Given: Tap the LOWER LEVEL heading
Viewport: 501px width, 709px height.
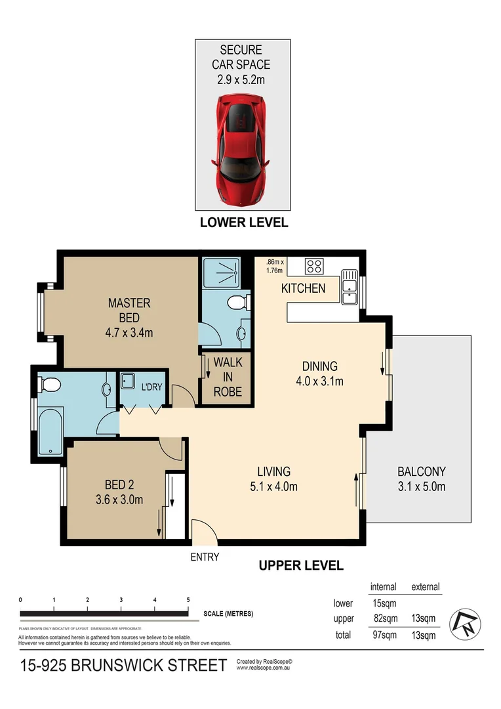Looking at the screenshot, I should pos(244,223).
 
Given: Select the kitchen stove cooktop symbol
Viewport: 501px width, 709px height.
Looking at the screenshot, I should pos(314,267).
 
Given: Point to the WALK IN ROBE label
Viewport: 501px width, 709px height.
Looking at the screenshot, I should pos(228,377).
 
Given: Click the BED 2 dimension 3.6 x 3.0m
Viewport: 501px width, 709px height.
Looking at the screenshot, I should pos(119,500).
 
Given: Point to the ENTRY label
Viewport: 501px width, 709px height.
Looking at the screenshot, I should pos(205,557).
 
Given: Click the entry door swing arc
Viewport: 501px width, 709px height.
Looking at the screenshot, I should pos(201,530).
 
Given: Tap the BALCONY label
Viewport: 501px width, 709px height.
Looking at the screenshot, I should pos(422,471).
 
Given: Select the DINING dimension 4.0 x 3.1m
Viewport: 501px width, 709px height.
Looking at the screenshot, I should pos(319,381).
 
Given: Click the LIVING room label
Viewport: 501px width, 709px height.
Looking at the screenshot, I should pos(273,471).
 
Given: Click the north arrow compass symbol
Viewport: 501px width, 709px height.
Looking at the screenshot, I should pos(466,623).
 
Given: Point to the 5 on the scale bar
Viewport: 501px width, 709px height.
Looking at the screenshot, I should pos(188,600).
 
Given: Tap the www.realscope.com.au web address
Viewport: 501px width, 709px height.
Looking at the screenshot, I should pos(264,668).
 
